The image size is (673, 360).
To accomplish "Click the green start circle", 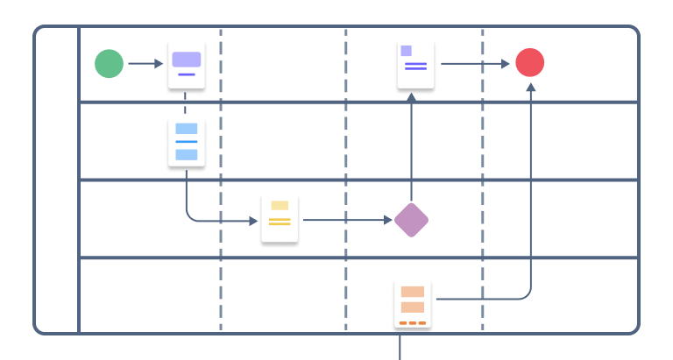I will point(110,63).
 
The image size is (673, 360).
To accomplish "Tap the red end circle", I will point(529,63).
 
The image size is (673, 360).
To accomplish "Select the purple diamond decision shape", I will point(411,220).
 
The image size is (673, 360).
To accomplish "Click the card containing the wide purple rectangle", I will point(186,65).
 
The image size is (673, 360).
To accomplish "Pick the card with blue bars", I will point(186,142).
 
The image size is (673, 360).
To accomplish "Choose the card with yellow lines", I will point(280,219).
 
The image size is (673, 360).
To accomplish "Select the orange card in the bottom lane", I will point(412,303).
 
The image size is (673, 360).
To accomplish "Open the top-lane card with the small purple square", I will point(415,64).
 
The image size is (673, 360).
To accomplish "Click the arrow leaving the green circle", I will point(145,63).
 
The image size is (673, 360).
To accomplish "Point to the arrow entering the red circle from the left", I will point(474,63).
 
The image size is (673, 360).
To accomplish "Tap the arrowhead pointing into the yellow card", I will point(253,220).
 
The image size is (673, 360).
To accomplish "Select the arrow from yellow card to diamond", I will point(346,220).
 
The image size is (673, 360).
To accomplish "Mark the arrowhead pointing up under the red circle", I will point(530,88).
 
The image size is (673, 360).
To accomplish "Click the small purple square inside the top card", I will point(406,51).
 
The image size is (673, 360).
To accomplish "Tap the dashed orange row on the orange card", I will point(412,323).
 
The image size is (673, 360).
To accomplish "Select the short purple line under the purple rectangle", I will point(186,74).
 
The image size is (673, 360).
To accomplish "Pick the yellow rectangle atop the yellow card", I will point(280,206).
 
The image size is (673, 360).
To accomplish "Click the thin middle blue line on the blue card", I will point(186,141).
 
